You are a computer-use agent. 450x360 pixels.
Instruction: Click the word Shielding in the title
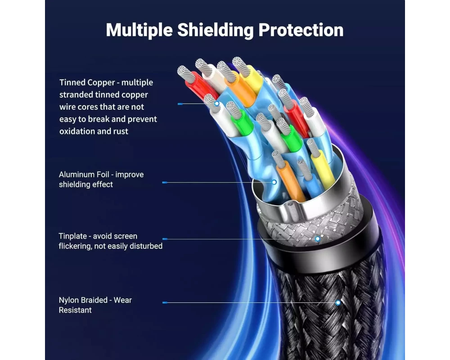tap(216, 30)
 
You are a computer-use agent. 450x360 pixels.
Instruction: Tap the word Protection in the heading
tap(301, 30)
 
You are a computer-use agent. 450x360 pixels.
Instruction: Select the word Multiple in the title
tap(139, 30)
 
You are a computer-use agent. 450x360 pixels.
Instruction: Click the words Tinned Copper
tap(87, 83)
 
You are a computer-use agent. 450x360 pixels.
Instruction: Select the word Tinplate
tap(73, 236)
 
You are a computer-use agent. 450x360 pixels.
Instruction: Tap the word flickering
tap(75, 246)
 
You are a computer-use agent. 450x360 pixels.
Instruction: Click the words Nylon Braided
tap(83, 300)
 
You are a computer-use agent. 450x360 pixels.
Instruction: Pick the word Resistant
tap(75, 310)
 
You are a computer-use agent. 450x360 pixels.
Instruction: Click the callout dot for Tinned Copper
tap(217, 103)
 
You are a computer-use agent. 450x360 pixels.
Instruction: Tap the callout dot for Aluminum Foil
tap(274, 182)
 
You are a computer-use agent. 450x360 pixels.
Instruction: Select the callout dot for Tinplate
tap(317, 239)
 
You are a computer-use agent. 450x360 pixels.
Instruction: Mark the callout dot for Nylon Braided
tap(338, 302)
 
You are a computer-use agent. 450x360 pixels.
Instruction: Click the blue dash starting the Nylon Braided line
tap(165, 302)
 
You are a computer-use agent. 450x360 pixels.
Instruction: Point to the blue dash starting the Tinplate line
tap(165, 239)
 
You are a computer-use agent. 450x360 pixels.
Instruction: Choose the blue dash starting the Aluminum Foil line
tap(165, 183)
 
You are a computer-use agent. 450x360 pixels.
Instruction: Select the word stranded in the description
tap(76, 95)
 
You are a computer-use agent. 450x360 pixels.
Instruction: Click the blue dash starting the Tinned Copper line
tap(180, 104)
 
